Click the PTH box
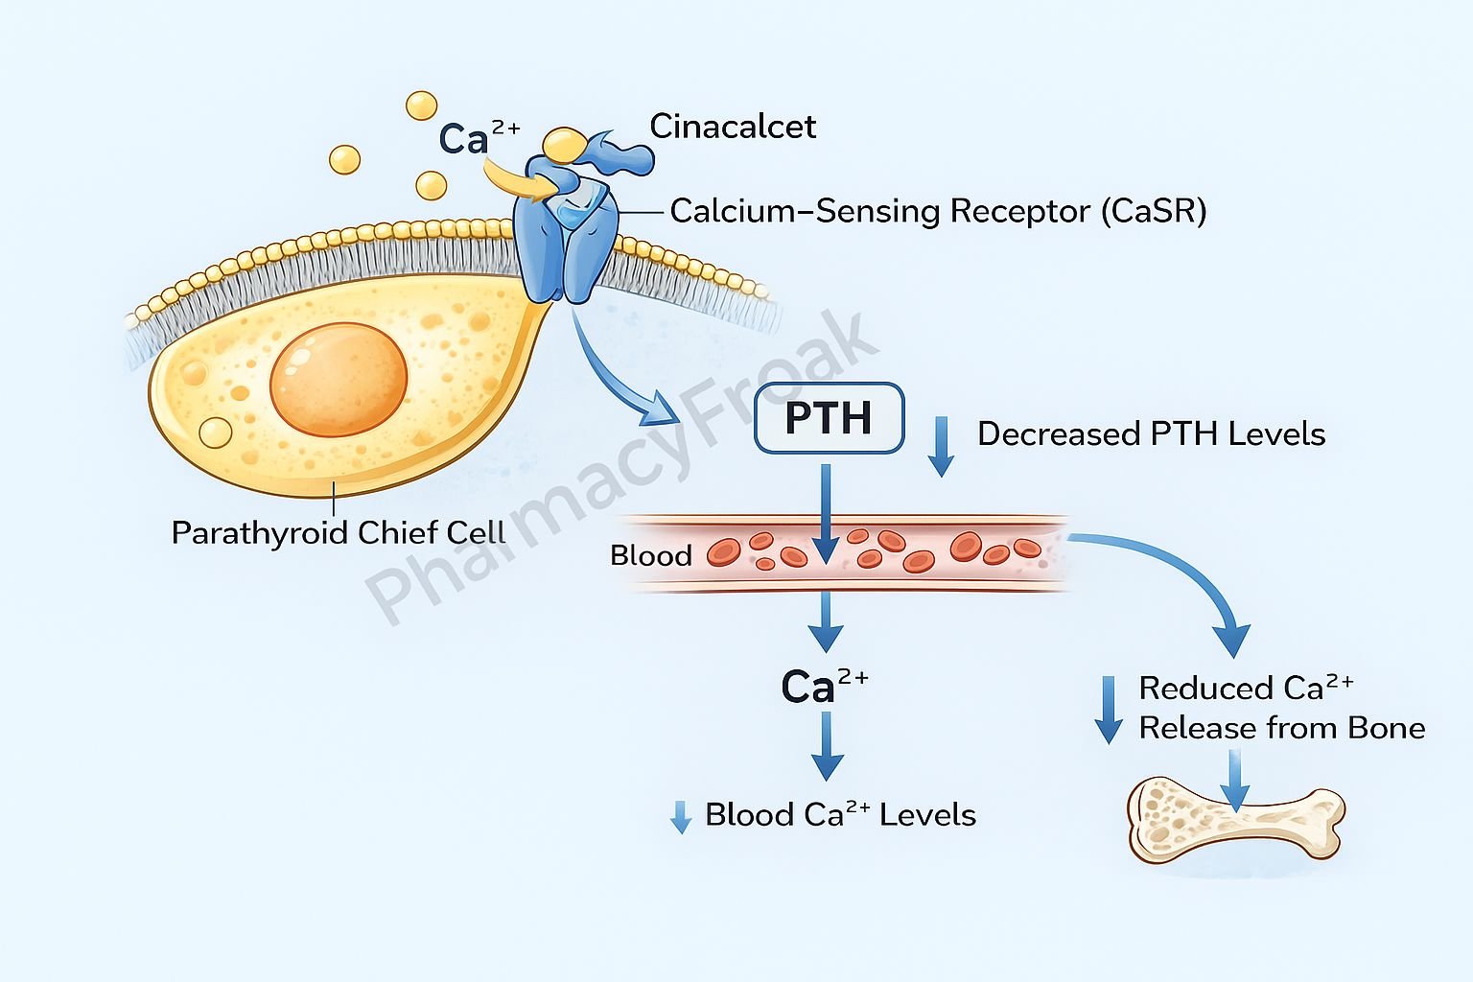coord(829,418)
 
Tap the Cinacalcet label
coord(733,127)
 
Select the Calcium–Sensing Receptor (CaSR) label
coord(937,211)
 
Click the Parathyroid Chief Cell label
coord(338,533)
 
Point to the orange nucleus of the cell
coord(339,380)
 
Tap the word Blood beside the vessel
coord(650,556)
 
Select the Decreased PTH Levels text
coord(1151,434)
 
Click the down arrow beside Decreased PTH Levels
coord(942,446)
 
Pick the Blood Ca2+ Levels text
coord(840,815)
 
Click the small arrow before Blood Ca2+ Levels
coord(681,817)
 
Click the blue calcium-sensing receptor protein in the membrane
coord(566,240)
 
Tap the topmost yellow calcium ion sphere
coord(421,105)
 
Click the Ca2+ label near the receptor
coord(478,138)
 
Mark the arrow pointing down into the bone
coord(1236,779)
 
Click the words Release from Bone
coord(1281,729)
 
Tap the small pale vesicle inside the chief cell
coord(215,433)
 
